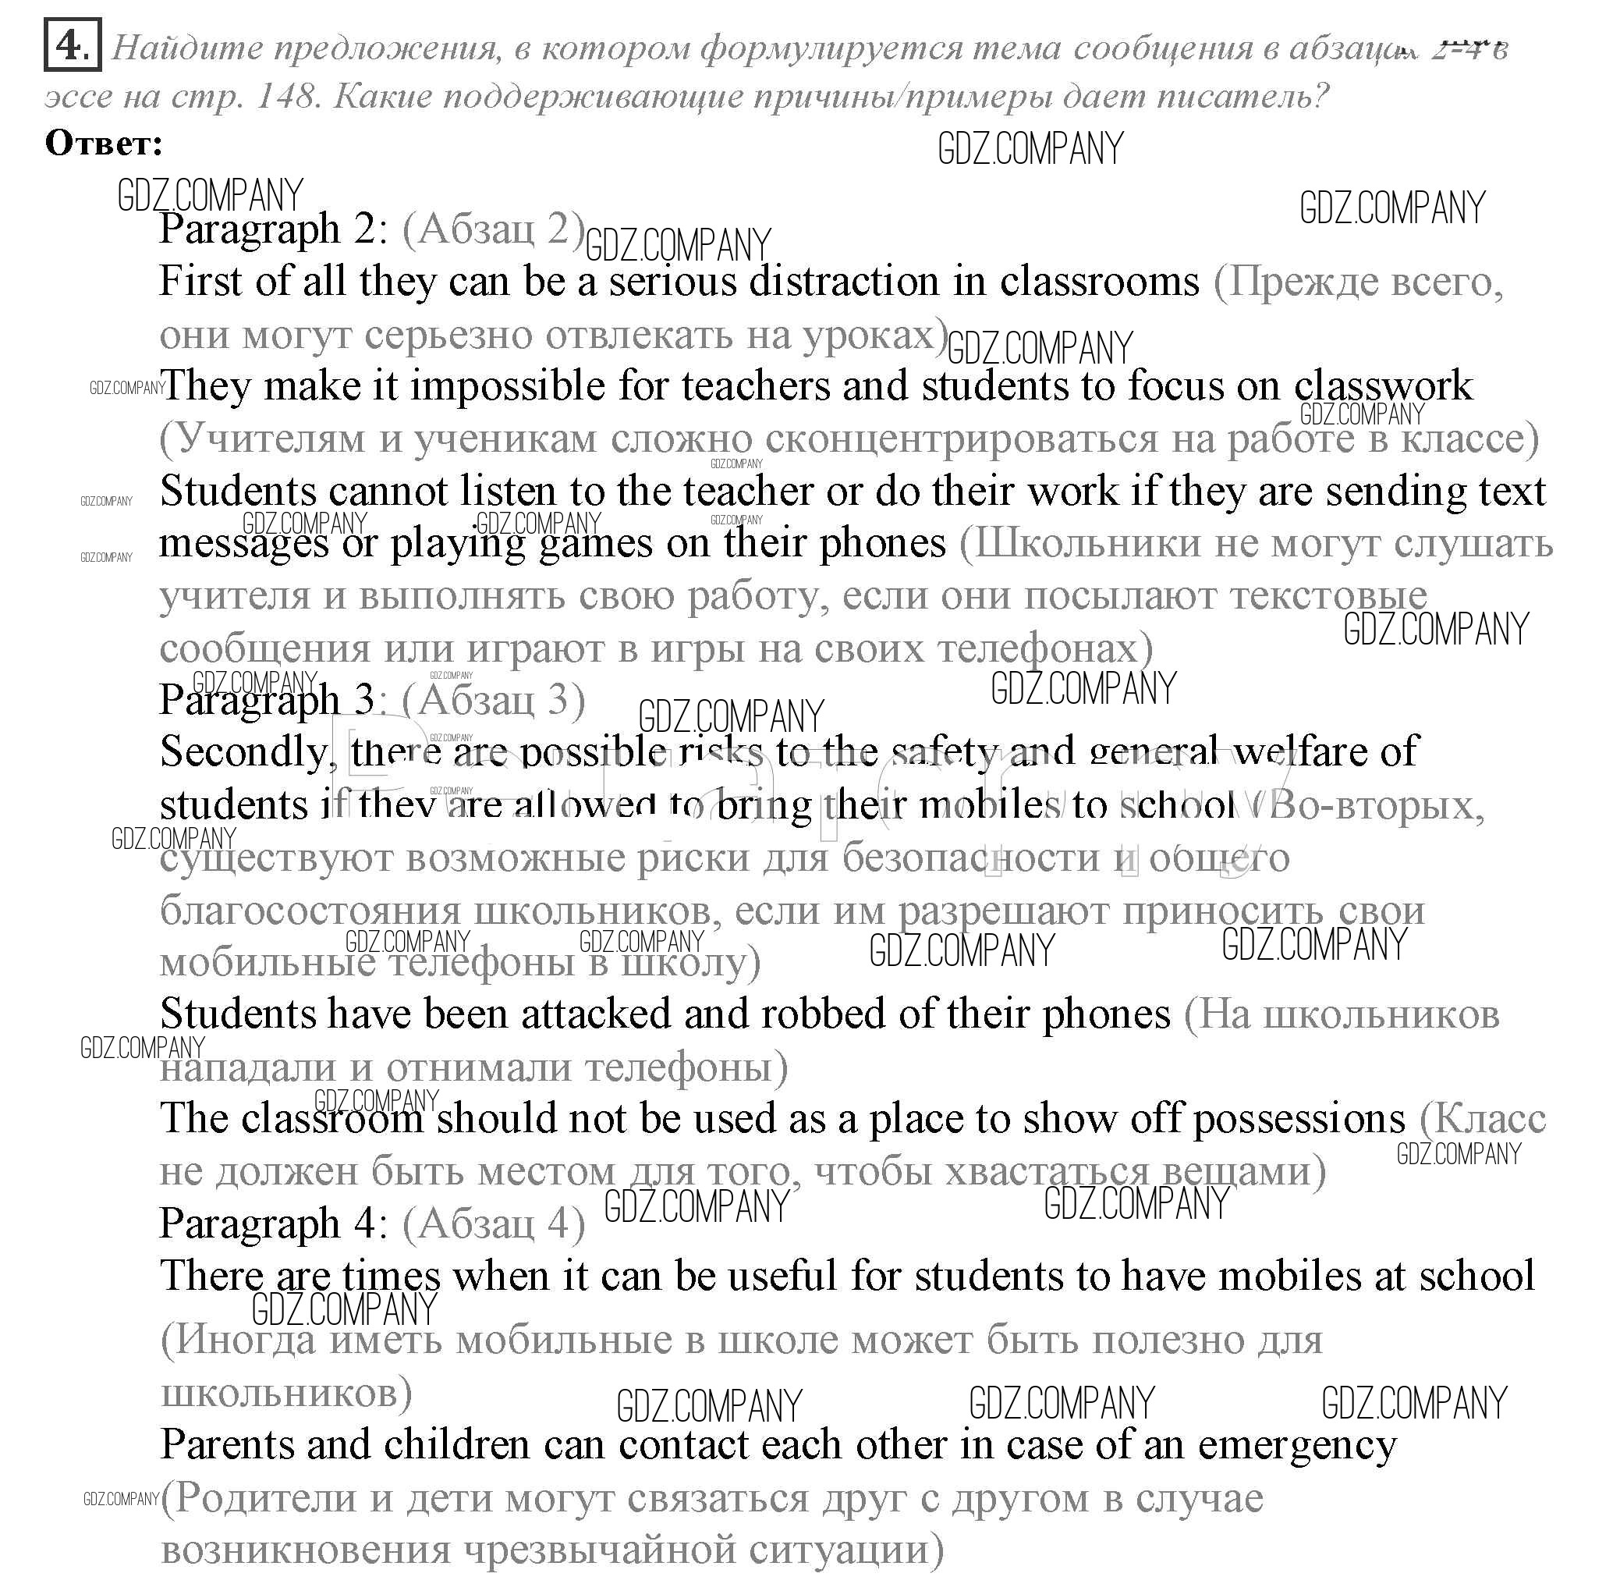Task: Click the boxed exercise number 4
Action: [71, 46]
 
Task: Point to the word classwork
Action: [1383, 387]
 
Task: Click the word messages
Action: [243, 544]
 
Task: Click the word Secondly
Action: [243, 751]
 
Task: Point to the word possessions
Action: [1299, 1119]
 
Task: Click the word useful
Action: [782, 1277]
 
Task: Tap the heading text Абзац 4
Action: [493, 1224]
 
